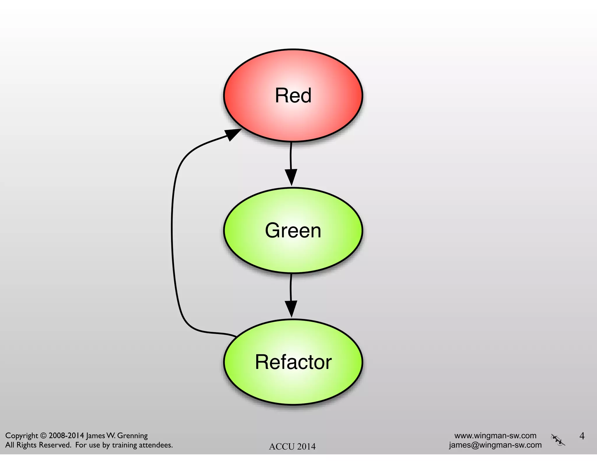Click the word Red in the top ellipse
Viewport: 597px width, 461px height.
[293, 96]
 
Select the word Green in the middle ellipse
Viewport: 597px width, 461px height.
[293, 230]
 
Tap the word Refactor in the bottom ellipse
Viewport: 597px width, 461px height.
[293, 362]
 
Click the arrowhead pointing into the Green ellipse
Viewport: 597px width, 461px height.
[291, 177]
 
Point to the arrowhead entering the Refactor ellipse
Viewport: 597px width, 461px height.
[291, 308]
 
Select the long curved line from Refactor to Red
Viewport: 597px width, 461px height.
[172, 233]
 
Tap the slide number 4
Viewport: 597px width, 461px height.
[582, 436]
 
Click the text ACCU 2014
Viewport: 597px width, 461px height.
[292, 446]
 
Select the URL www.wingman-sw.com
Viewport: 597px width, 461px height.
[495, 436]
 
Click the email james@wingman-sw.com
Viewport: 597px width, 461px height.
[495, 445]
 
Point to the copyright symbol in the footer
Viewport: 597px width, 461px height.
[43, 436]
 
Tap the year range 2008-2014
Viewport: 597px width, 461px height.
[66, 436]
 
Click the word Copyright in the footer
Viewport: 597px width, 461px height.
[22, 436]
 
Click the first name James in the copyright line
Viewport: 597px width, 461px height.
[95, 436]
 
